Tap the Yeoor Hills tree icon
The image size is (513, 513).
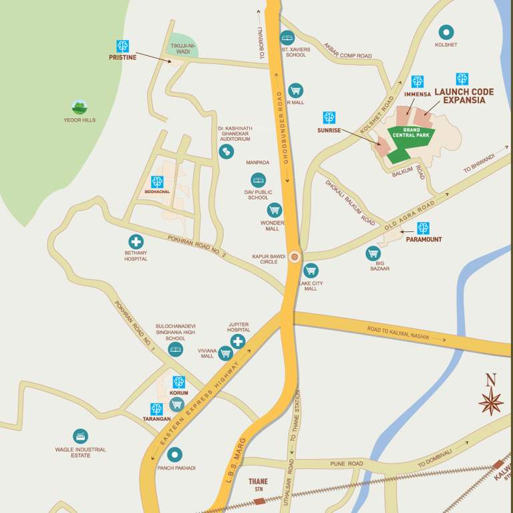click(79, 107)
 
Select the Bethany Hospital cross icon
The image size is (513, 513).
click(136, 242)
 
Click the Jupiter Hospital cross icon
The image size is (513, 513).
click(238, 342)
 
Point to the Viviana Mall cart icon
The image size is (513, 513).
click(225, 353)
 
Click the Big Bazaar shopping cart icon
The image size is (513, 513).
click(373, 253)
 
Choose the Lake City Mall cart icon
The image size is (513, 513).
click(311, 271)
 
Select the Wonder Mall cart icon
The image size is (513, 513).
click(274, 210)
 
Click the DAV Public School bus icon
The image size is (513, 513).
click(258, 180)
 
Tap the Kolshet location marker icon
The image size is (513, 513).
click(446, 31)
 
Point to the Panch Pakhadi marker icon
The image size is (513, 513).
click(174, 455)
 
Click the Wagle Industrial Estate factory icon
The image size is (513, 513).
click(80, 436)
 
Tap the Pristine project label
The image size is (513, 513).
click(122, 57)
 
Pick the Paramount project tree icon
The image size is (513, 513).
click(423, 228)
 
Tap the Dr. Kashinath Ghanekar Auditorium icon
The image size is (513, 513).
click(226, 152)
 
